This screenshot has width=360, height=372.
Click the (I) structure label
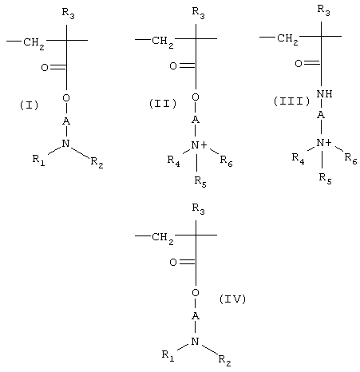30,105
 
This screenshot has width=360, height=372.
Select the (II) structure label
163,104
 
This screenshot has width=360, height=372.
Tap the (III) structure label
292,101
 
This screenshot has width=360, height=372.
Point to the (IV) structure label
232,299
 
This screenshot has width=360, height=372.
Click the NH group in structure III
324,94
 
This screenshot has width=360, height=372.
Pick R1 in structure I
39,160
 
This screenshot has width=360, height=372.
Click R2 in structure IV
224,360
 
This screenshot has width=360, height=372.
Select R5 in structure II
200,182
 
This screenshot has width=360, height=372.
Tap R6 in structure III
350,159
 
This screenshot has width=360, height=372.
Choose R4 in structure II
173,161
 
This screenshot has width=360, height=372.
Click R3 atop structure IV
199,209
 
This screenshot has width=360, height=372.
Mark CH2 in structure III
287,39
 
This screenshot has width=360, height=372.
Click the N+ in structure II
199,145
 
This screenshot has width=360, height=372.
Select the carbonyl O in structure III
299,64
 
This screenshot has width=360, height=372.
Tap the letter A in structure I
66,121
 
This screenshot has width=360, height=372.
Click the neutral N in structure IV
196,342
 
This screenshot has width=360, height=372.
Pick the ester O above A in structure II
196,97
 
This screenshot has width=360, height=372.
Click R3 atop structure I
69,14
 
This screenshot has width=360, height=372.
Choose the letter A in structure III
321,115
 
